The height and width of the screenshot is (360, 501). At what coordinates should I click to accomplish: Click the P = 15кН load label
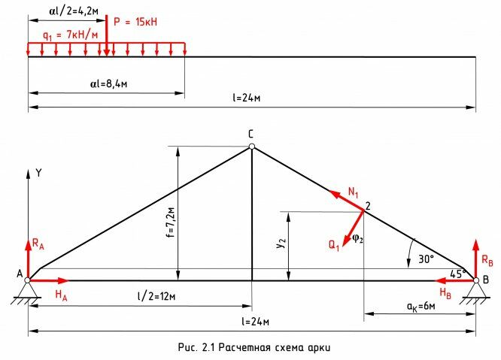tap(135, 22)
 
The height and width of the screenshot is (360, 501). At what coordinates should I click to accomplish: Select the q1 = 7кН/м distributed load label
tap(70, 35)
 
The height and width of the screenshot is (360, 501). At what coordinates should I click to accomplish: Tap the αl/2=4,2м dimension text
tap(74, 11)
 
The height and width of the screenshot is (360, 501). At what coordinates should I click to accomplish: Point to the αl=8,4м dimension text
tap(108, 84)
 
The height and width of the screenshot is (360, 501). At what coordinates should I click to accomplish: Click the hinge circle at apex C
tap(252, 147)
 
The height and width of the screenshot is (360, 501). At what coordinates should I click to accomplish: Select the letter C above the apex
tap(250, 134)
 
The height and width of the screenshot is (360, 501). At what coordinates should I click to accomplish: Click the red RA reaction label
tap(38, 244)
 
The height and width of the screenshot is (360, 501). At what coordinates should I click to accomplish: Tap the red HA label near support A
tap(61, 295)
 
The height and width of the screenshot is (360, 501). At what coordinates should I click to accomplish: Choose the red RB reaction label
tap(487, 260)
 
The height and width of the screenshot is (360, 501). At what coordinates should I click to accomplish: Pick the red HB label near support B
tap(445, 292)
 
